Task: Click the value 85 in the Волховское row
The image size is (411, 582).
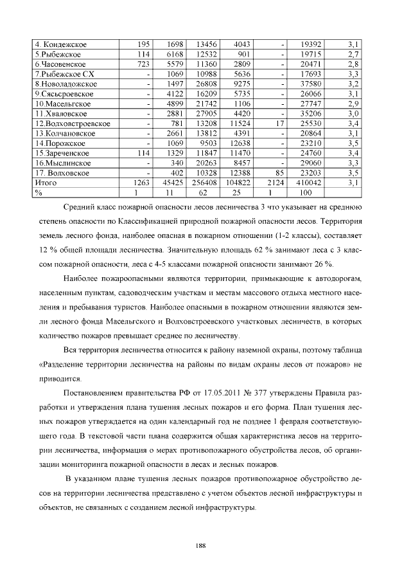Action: tap(278, 173)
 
